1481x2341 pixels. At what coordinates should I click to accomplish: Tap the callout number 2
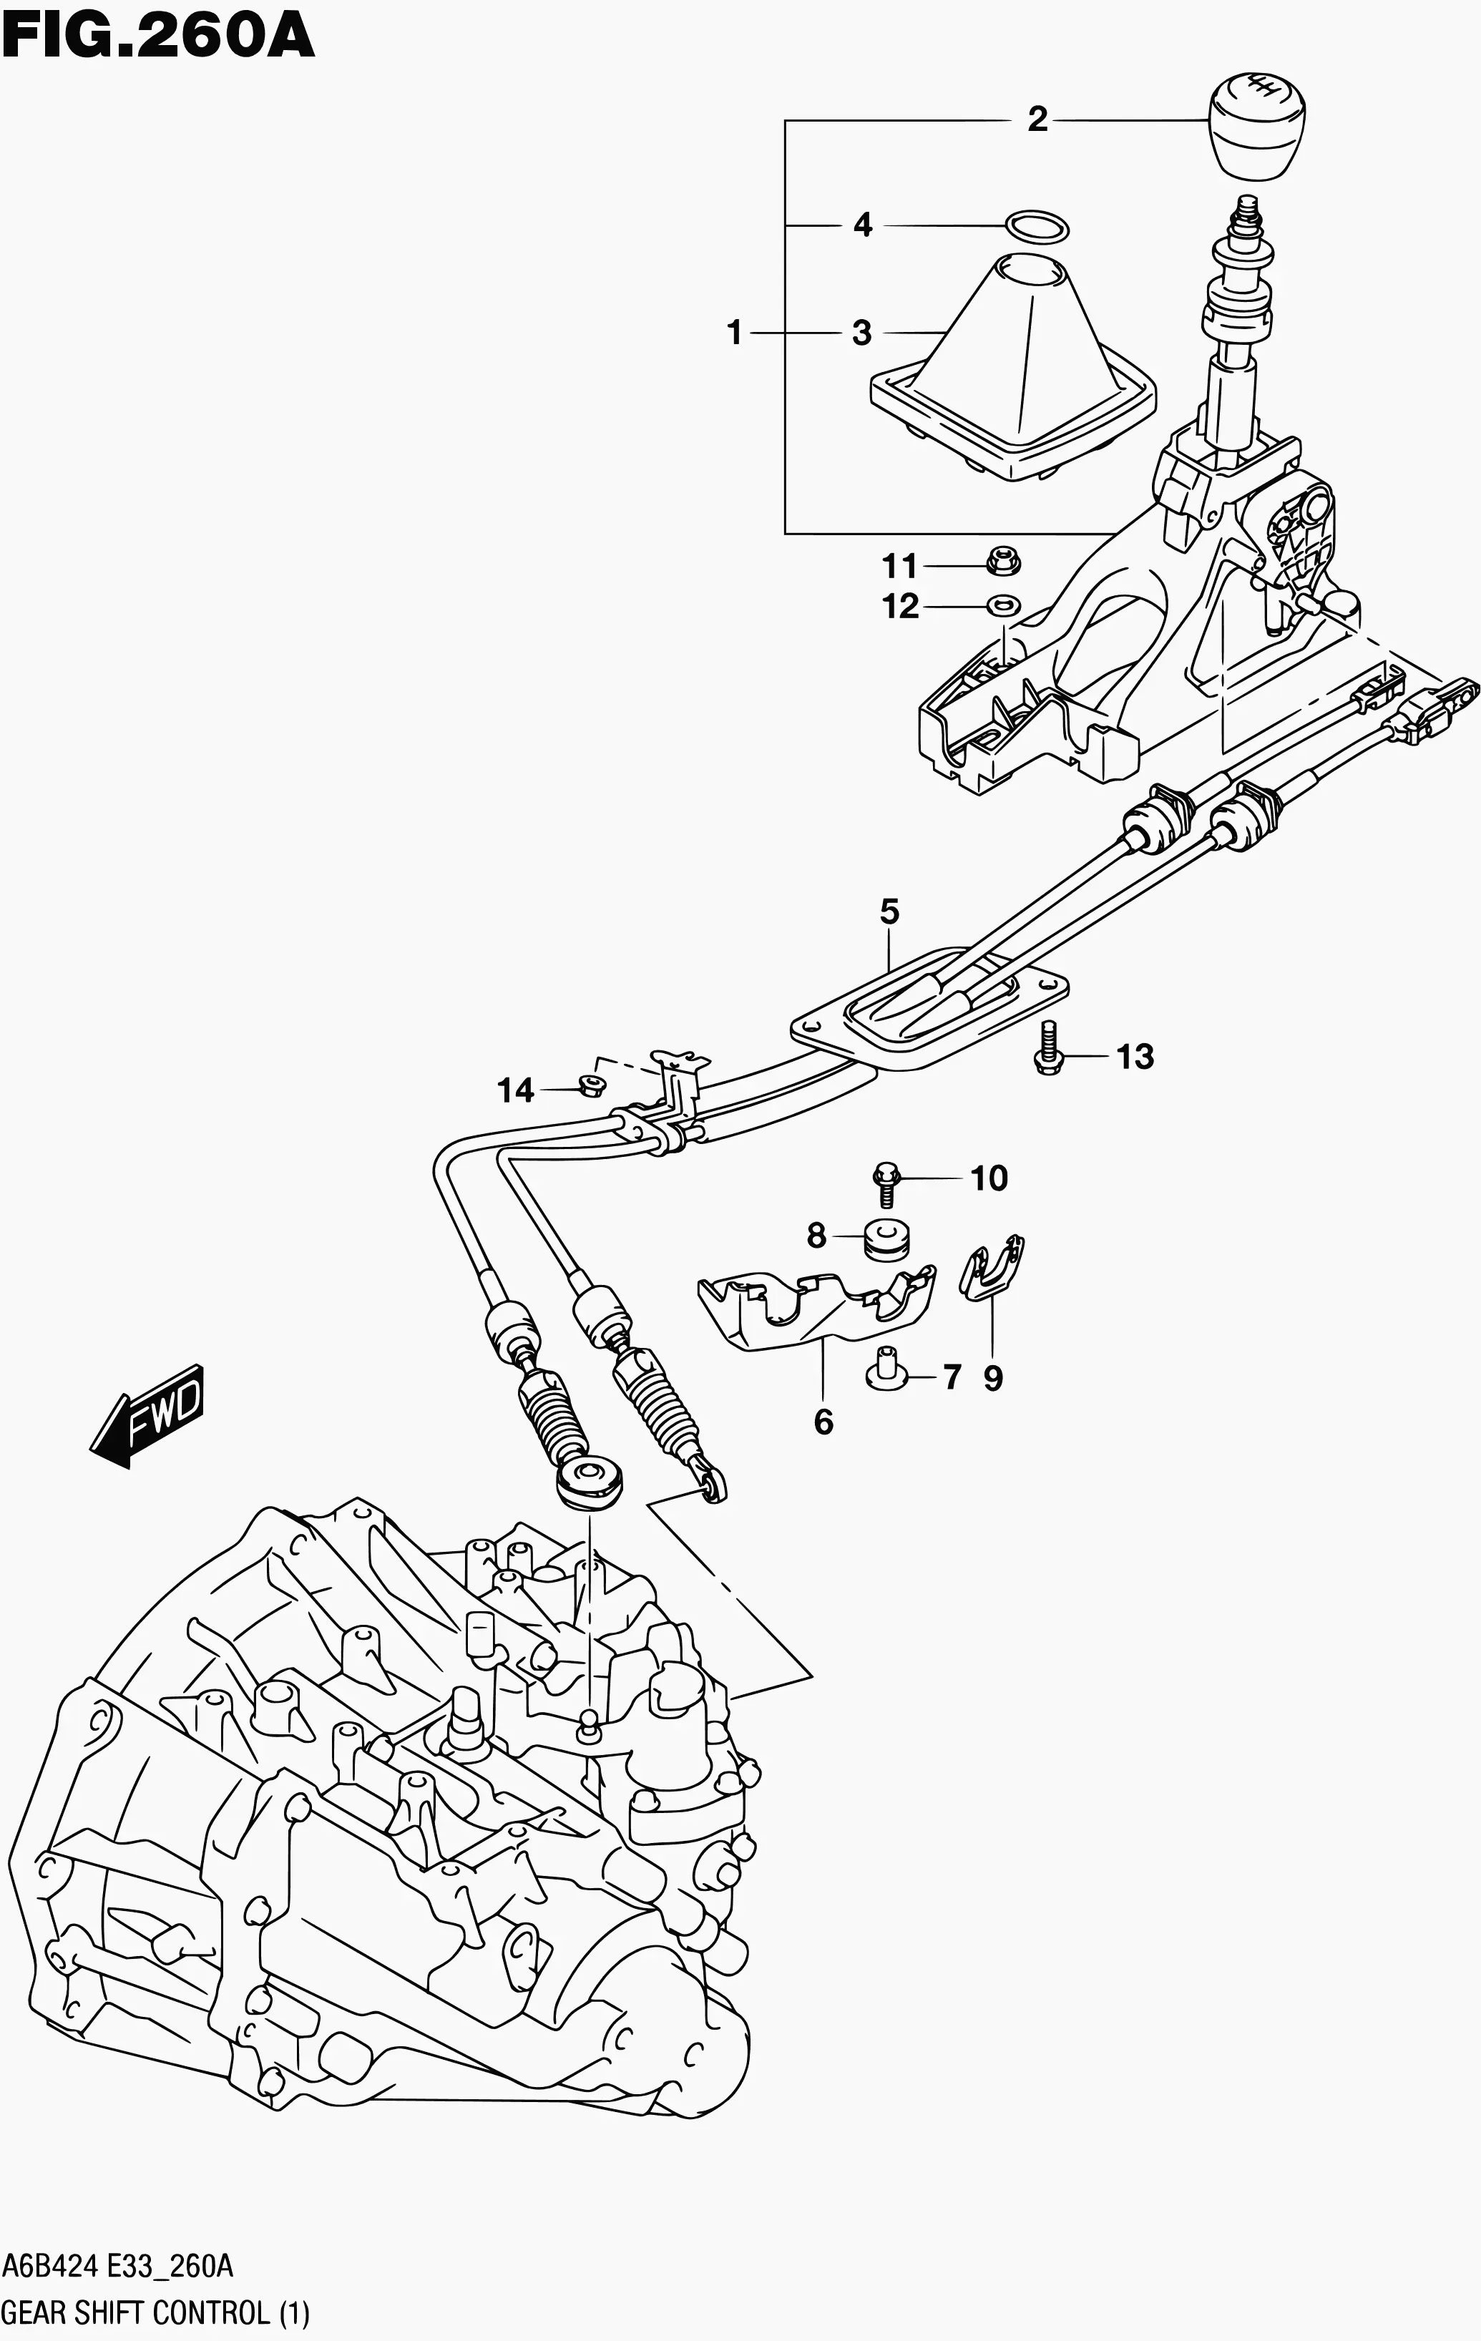click(1037, 119)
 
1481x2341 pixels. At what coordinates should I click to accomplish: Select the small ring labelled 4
click(1037, 227)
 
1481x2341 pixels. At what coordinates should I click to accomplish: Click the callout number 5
click(889, 912)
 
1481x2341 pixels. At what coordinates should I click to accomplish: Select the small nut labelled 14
click(587, 1085)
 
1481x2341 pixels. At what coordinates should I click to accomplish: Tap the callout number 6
click(823, 1422)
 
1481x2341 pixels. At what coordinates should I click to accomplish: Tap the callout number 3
click(861, 333)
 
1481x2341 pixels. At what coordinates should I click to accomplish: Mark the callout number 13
click(1134, 1056)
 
